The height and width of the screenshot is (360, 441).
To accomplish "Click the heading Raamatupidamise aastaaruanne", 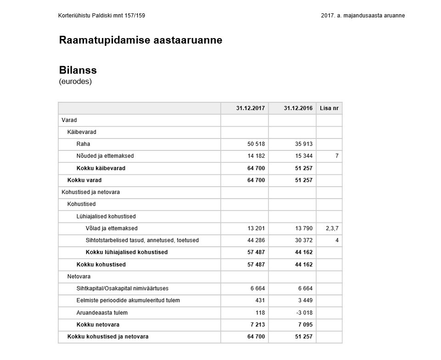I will pos(140,40).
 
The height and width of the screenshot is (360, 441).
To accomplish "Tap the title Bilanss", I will pos(78,70).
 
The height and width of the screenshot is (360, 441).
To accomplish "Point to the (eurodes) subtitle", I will pos(75,82).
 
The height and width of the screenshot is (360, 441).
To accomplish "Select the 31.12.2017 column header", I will pos(251,108).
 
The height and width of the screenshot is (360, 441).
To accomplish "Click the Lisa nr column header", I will pos(329,108).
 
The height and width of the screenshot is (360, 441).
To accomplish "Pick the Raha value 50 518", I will pos(256,144).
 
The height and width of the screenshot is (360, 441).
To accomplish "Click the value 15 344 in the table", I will pos(303,156).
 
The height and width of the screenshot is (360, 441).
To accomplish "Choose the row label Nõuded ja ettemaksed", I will pos(105,156).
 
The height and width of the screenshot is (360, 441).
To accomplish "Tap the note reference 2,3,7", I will pos(332,228).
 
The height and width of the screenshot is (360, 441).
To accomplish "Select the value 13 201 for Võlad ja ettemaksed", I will pos(256,228).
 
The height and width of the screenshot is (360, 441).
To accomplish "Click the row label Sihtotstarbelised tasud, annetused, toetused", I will pos(142,240).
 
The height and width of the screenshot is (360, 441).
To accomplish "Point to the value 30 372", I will pos(303,240).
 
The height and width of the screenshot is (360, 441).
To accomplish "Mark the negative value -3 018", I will pos(303,313).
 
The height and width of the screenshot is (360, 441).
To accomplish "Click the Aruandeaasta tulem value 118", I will pos(260,313).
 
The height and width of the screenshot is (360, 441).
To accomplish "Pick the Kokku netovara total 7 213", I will pos(256,325).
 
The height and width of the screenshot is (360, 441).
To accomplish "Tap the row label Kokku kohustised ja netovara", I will pos(108,337).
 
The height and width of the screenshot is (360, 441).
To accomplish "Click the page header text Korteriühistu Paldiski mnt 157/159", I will pos(102,16).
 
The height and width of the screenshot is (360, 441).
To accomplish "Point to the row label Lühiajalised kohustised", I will pos(106,216).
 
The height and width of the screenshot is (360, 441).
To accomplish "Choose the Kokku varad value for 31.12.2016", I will pos(303,180).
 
